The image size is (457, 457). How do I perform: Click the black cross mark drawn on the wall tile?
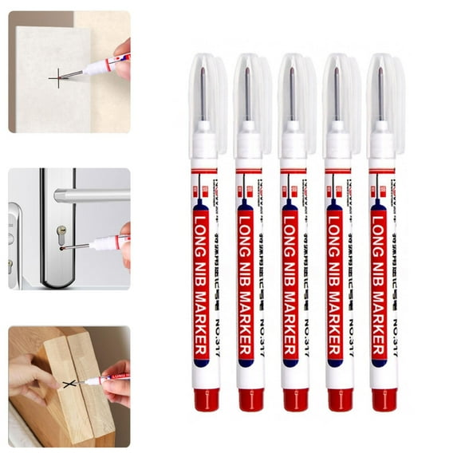(57, 77)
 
